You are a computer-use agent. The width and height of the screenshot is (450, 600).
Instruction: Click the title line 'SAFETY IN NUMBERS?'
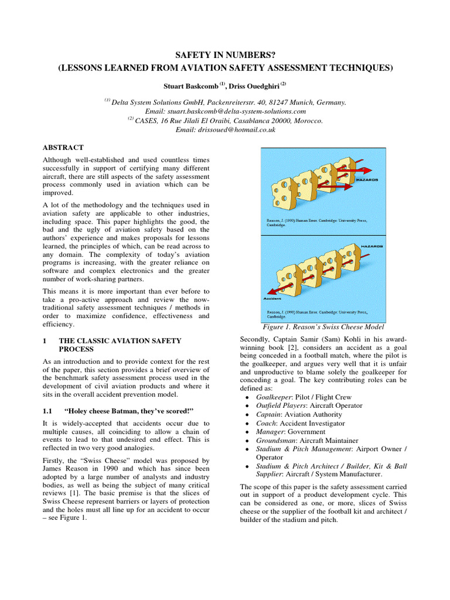(224, 54)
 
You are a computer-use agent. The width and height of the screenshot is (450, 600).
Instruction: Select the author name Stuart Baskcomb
(190, 86)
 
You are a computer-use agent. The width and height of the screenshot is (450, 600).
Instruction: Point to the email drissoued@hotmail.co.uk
(226, 129)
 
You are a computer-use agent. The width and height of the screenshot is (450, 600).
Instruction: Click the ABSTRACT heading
(63, 148)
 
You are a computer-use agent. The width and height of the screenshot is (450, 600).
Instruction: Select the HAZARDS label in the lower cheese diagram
(371, 247)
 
